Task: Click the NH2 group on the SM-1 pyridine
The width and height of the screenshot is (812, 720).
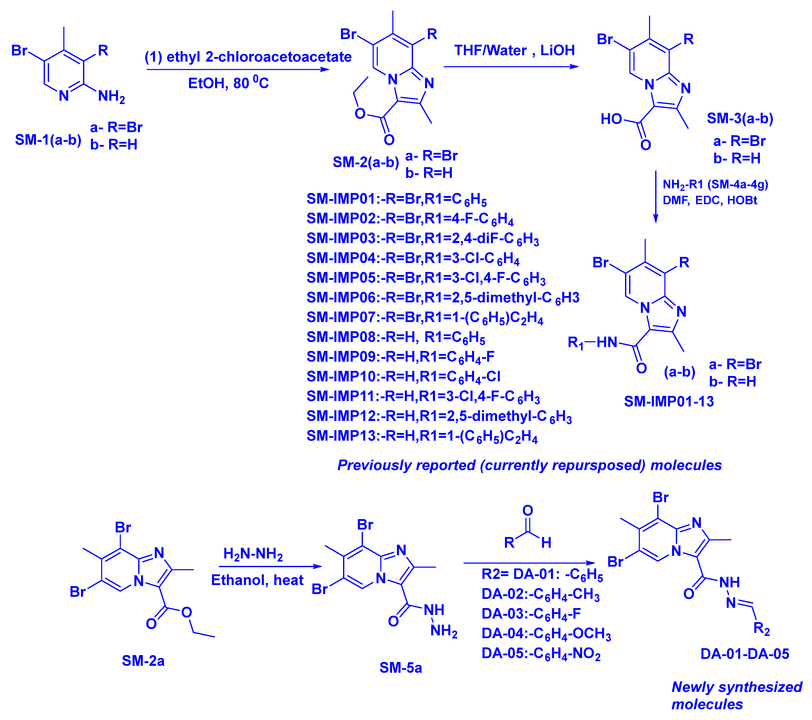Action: click(x=111, y=96)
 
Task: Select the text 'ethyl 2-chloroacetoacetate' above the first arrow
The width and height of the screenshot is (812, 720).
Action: click(x=258, y=57)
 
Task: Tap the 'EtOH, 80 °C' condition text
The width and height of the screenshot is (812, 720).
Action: click(x=228, y=83)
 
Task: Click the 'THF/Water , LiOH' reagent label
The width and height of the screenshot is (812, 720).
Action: click(x=514, y=51)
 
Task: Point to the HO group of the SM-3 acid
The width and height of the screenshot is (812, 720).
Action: click(x=611, y=119)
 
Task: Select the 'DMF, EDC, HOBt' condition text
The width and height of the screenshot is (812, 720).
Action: click(x=710, y=200)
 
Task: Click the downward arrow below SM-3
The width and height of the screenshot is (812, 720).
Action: click(x=655, y=197)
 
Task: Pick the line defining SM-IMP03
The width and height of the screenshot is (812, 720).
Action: click(x=422, y=238)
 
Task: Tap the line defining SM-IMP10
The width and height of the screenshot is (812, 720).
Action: click(x=403, y=376)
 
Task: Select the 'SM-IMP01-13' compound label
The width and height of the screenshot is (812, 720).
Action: click(x=669, y=402)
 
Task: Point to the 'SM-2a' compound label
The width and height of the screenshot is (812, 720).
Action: click(x=143, y=661)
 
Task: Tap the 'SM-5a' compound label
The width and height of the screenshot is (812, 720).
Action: click(x=401, y=668)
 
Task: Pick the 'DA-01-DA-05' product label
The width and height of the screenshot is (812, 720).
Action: click(x=745, y=654)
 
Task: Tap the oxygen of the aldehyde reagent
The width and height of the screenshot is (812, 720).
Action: click(x=527, y=510)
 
